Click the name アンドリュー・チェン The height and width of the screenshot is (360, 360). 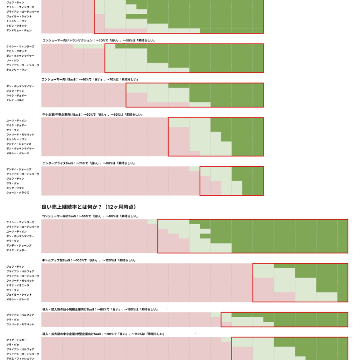(x=19, y=30)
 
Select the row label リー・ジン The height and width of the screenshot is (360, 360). (x=13, y=60)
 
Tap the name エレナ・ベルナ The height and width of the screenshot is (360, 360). (x=15, y=100)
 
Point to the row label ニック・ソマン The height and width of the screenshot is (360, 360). (x=15, y=188)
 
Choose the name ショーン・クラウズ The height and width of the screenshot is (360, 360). (x=18, y=193)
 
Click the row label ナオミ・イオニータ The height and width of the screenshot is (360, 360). (x=18, y=285)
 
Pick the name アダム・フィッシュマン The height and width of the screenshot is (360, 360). (x=20, y=359)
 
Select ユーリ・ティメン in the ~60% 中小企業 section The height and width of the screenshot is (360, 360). (x=16, y=121)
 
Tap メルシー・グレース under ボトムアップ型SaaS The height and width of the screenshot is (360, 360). (x=18, y=299)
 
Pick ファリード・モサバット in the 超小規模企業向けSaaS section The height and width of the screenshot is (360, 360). (x=20, y=324)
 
